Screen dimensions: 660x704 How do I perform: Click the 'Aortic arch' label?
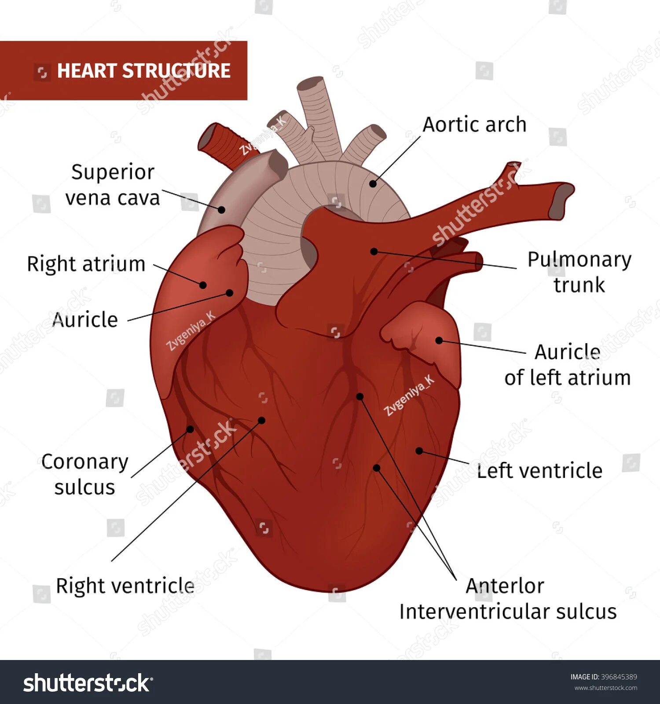tap(474, 125)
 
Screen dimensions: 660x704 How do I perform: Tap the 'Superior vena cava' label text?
tap(113, 185)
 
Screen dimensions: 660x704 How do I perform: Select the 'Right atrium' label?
tap(86, 264)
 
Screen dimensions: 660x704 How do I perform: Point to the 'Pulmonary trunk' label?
tap(579, 272)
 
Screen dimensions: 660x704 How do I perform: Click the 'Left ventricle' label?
tap(540, 471)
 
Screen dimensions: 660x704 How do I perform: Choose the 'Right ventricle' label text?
tap(125, 586)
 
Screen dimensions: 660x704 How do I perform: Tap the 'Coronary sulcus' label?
tap(85, 474)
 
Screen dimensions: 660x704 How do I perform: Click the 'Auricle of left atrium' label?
tap(568, 365)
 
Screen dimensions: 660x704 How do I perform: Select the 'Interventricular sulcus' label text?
tap(508, 612)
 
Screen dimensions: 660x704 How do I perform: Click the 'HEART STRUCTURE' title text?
tap(144, 71)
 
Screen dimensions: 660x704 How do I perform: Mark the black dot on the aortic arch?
tap(373, 184)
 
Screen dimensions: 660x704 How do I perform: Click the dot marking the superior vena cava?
tap(222, 209)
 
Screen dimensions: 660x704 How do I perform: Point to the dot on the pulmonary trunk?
tap(374, 251)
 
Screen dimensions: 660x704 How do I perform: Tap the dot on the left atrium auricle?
tap(439, 340)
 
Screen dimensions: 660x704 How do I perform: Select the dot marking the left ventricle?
tap(419, 451)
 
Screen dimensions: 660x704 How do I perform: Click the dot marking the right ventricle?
tap(261, 420)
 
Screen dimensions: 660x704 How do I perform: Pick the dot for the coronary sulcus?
tap(190, 429)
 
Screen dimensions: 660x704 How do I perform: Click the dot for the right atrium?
tap(203, 285)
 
